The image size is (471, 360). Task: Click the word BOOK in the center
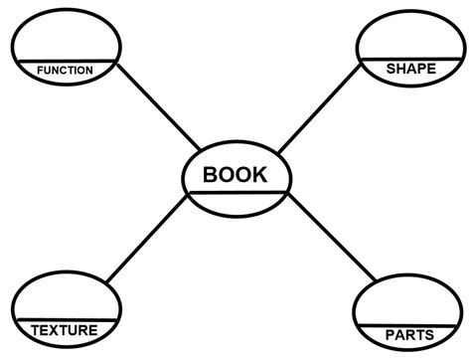click(235, 175)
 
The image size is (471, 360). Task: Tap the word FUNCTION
click(65, 71)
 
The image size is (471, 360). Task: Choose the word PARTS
click(407, 334)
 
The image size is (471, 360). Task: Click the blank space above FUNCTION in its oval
click(65, 40)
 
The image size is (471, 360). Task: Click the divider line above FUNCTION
click(65, 62)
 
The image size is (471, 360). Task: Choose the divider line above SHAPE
click(405, 59)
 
